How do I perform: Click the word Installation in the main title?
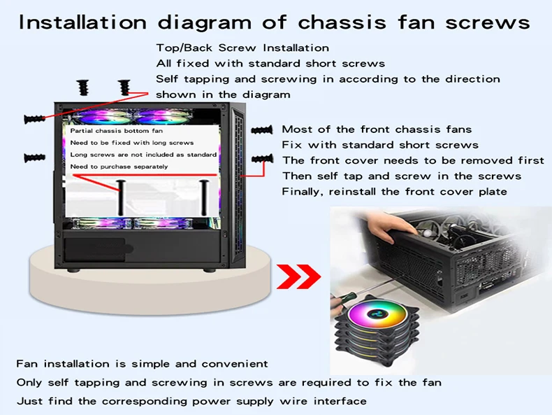82,22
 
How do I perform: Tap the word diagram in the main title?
205,23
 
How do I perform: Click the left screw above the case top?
82,87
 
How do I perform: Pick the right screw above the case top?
124,87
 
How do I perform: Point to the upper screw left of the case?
34,119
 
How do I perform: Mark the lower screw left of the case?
34,157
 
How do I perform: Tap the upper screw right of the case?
262,130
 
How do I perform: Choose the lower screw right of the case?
262,159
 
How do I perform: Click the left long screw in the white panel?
121,197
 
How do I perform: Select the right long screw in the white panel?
204,197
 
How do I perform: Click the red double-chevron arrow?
298,277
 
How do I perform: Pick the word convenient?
235,364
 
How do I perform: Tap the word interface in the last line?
340,401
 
